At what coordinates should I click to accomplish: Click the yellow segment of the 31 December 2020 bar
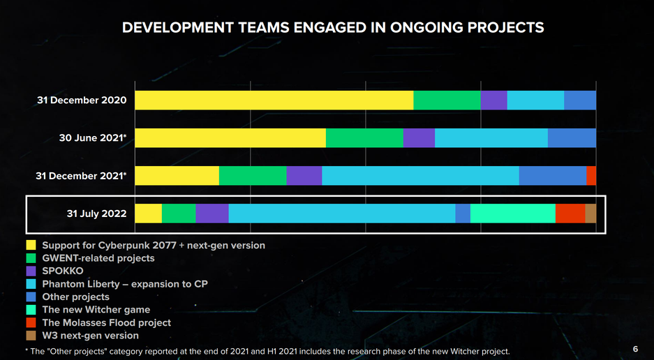[x=274, y=100]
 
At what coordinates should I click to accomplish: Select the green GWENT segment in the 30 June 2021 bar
[x=364, y=138]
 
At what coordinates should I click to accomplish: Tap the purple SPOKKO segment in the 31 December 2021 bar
[x=304, y=176]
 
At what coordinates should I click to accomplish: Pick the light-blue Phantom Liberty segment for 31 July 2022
[x=341, y=213]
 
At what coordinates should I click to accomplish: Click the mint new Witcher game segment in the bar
[x=512, y=213]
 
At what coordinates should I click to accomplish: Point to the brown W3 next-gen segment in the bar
[x=590, y=213]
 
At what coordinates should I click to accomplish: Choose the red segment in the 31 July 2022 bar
[x=570, y=213]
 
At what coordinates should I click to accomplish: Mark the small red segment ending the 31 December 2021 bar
[x=591, y=176]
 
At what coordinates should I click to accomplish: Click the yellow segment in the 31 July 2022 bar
[x=148, y=213]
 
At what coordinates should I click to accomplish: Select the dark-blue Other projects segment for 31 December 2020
[x=579, y=100]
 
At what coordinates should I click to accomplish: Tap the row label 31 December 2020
[x=82, y=100]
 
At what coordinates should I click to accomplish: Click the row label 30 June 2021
[x=91, y=138]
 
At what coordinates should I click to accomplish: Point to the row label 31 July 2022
[x=96, y=213]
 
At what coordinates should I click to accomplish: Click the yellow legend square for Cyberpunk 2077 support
[x=31, y=245]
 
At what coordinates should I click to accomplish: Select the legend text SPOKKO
[x=64, y=271]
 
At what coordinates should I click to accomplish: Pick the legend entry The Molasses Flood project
[x=106, y=322]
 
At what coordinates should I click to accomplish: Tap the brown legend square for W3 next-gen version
[x=31, y=336]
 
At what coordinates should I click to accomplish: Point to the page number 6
[x=635, y=349]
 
